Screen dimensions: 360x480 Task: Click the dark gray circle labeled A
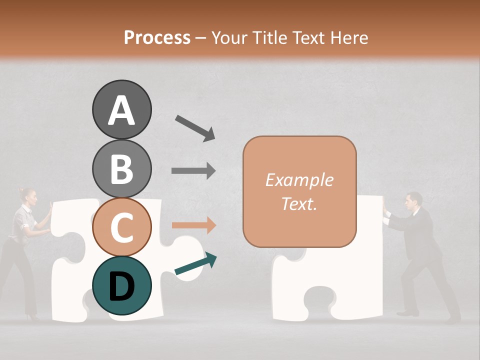point(121,109)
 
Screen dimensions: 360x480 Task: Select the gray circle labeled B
point(121,168)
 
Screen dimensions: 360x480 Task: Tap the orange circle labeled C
point(121,227)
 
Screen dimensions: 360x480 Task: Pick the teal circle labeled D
point(121,286)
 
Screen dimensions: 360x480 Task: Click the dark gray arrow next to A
point(195,127)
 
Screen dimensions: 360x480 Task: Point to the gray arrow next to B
point(193,171)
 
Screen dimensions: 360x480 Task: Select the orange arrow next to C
point(193,225)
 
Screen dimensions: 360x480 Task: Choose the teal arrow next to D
point(195,264)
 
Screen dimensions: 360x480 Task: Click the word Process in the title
point(157,37)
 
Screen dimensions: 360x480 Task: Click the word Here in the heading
point(349,37)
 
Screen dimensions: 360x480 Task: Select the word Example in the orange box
point(299,180)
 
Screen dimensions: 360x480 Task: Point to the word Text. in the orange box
point(299,203)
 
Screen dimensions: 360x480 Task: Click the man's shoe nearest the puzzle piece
point(407,313)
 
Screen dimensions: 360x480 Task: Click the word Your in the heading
point(227,37)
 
